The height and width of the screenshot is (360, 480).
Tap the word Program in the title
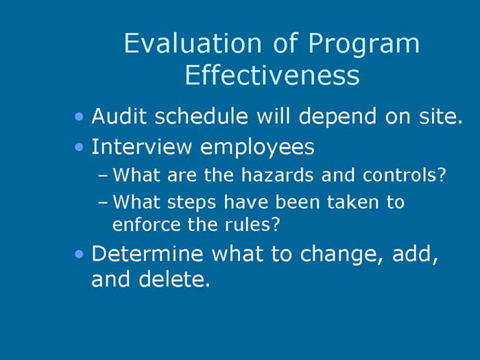[x=363, y=44]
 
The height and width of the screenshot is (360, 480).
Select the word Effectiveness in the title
[x=272, y=75]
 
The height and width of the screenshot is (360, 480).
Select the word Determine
[x=147, y=254]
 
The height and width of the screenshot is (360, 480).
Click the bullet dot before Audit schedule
[x=81, y=117]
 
